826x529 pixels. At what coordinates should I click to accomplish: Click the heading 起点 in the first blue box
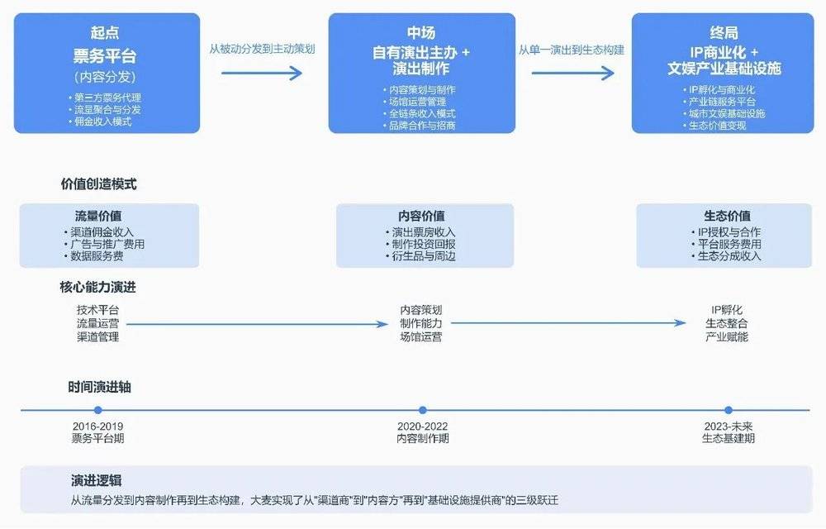(107, 33)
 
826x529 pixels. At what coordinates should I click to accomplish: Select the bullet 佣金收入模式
(101, 122)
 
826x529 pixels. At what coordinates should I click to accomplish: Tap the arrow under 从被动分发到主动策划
(263, 73)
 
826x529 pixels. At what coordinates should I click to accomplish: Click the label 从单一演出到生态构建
(572, 50)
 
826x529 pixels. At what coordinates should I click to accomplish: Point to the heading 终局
(724, 33)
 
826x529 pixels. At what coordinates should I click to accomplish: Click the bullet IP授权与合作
(727, 232)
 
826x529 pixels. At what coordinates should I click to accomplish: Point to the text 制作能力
(421, 323)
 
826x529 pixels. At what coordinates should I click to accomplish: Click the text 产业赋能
(727, 336)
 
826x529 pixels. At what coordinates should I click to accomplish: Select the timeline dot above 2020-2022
(423, 410)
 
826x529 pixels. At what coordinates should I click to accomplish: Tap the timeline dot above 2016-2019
(98, 410)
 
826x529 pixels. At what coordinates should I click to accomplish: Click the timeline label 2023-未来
(728, 427)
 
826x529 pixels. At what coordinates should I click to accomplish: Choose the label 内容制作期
(422, 438)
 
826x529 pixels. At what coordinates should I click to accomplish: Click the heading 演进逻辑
(97, 480)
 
